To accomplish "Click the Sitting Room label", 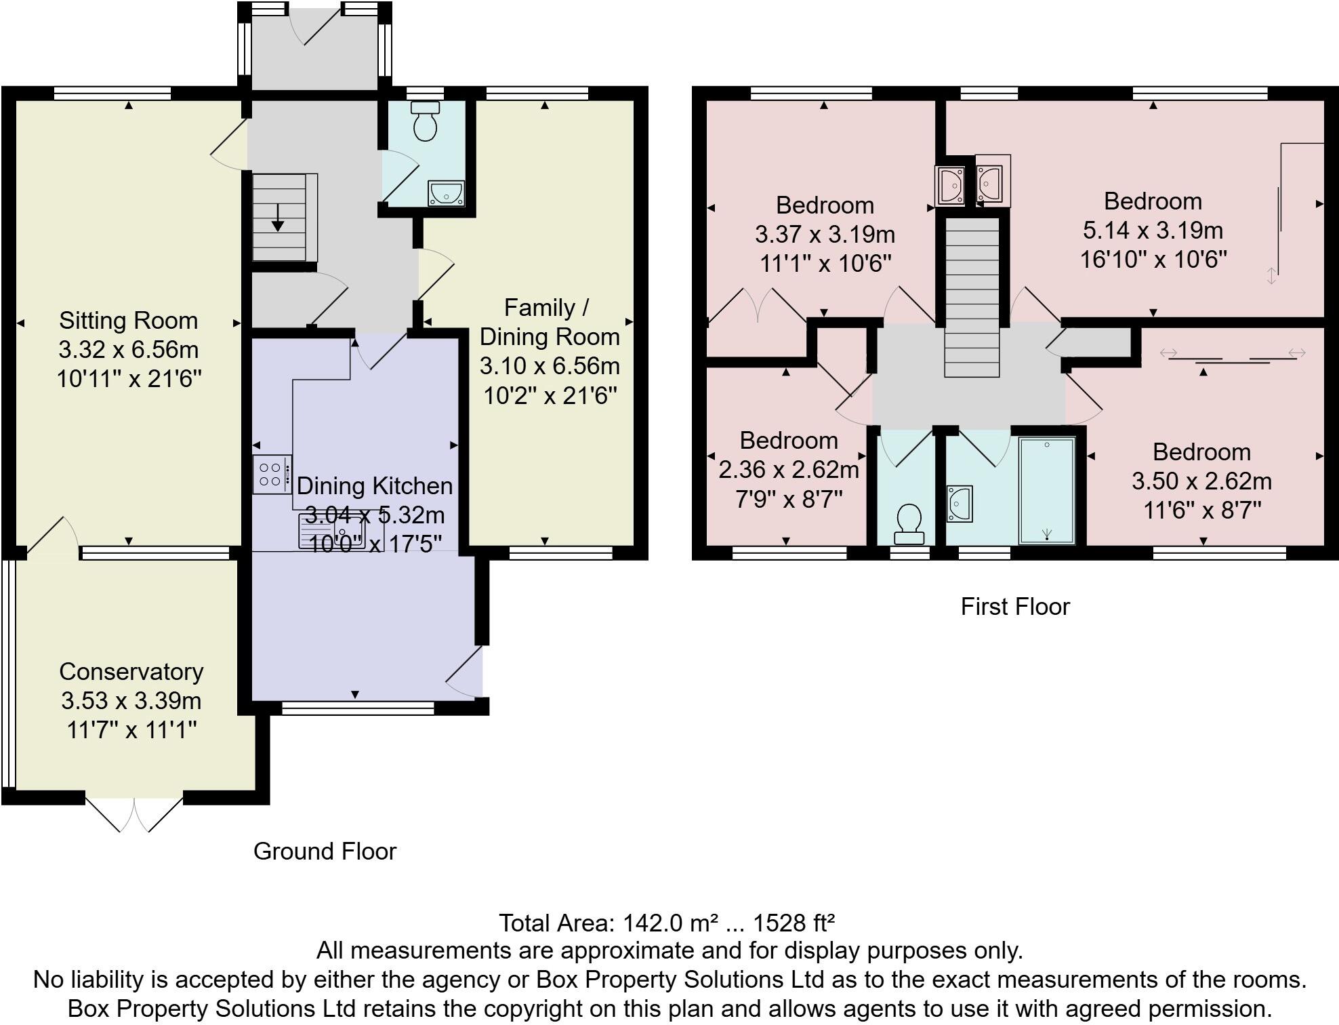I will click(128, 321).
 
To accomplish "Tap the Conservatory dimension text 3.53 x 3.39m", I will click(131, 700).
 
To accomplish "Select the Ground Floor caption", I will click(325, 851).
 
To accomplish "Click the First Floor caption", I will click(1014, 607).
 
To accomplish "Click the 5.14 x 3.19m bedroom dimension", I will click(1153, 230).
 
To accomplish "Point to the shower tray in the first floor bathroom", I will click(1047, 490).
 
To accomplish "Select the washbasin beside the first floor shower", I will click(960, 504).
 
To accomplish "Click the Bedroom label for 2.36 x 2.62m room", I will click(788, 441).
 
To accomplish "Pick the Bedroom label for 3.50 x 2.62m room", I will click(1201, 452).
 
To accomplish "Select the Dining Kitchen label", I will click(374, 486).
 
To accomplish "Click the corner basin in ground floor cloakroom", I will click(447, 193).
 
